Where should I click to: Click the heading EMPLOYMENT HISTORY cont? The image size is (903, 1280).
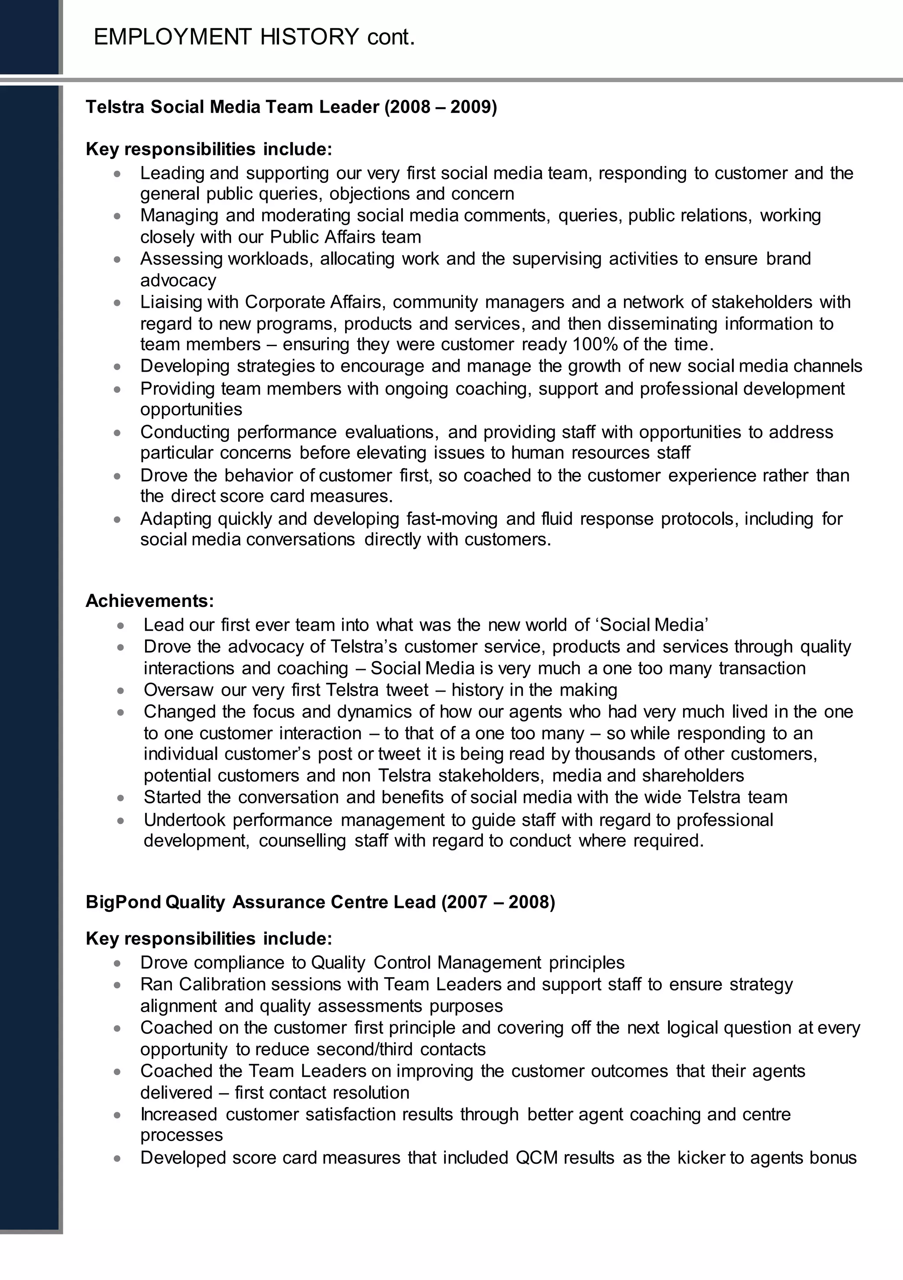(254, 38)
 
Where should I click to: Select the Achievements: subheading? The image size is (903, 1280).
(150, 601)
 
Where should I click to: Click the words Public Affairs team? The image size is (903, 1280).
(345, 237)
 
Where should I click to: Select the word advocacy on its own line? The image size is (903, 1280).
(178, 280)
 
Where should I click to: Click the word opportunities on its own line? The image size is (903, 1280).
(191, 409)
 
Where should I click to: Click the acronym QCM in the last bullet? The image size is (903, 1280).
(537, 1158)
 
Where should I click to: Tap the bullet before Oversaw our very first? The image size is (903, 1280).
(121, 691)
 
